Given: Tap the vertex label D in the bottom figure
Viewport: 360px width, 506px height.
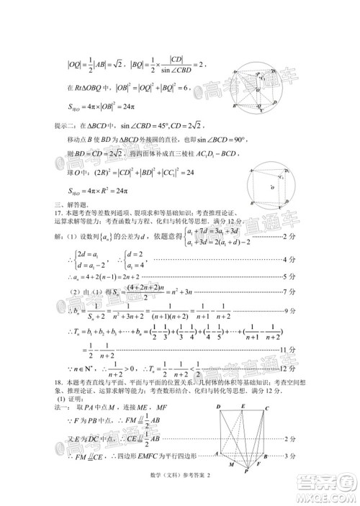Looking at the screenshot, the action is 217,408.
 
